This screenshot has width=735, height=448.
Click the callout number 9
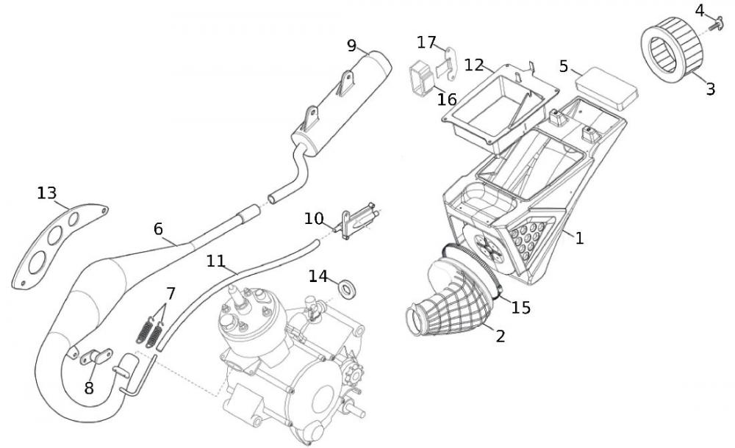(352, 46)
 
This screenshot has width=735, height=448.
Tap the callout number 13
(46, 193)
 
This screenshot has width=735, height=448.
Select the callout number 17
(426, 41)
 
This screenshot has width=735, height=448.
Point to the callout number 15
(520, 307)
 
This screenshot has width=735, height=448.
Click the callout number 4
(700, 10)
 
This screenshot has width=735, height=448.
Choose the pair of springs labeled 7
(149, 332)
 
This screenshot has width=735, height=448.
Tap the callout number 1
(579, 238)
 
